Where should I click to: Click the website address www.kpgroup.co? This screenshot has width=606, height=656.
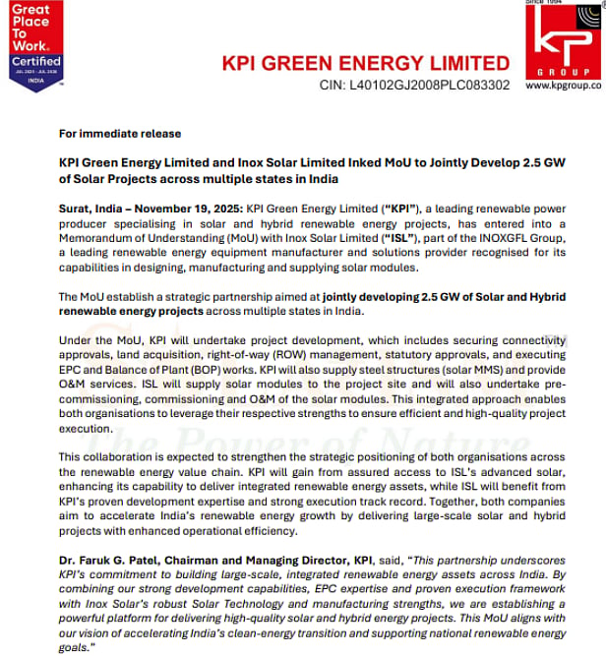point(565,86)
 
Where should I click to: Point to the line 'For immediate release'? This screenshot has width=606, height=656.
point(119,134)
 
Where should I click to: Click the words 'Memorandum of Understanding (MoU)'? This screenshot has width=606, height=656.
point(161,239)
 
